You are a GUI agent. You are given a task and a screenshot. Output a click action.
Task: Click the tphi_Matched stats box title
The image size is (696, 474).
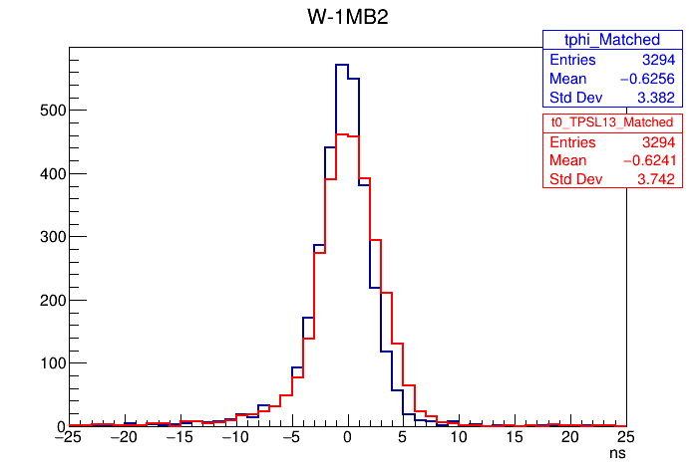(612, 40)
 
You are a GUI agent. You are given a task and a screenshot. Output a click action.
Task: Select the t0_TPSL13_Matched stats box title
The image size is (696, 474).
(612, 120)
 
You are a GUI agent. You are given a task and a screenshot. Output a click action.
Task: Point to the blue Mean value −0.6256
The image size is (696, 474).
(646, 79)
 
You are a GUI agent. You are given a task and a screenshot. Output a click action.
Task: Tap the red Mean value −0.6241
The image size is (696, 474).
(646, 159)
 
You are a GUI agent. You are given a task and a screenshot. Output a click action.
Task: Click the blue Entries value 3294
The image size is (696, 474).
(658, 60)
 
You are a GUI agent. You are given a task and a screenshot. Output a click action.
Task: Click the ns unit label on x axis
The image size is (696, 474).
(618, 452)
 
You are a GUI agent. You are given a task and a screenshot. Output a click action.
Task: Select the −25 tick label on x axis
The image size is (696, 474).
(68, 436)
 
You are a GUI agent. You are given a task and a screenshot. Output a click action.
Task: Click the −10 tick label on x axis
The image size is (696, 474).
(235, 436)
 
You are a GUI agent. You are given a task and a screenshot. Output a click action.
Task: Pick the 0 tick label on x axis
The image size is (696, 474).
(347, 436)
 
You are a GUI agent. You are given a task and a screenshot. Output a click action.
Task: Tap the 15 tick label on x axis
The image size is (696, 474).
(514, 436)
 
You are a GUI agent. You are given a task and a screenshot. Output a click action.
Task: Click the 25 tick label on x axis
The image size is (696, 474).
(625, 436)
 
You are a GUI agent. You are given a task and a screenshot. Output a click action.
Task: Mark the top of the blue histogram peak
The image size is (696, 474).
(341, 66)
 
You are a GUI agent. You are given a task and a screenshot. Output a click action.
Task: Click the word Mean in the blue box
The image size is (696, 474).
(568, 79)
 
